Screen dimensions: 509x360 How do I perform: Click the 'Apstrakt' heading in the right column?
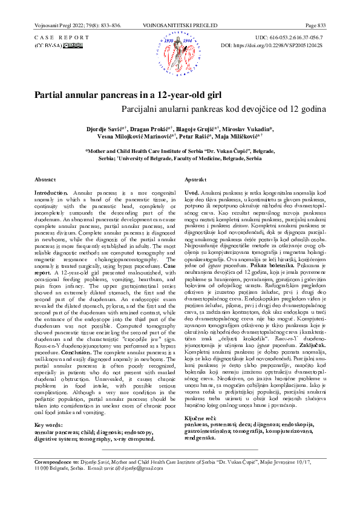(196, 180)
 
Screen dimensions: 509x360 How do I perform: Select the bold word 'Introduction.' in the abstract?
(51, 191)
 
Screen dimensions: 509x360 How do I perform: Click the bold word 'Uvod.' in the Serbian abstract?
(191, 191)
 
